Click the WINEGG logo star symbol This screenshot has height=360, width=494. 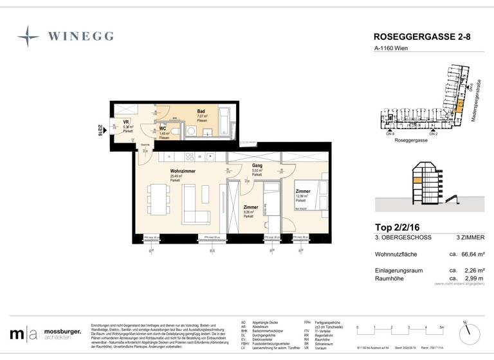pyautogui.click(x=28, y=37)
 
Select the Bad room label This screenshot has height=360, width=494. pyautogui.click(x=201, y=111)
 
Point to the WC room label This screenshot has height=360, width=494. pyautogui.click(x=163, y=129)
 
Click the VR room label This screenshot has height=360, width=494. pyautogui.click(x=127, y=122)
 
